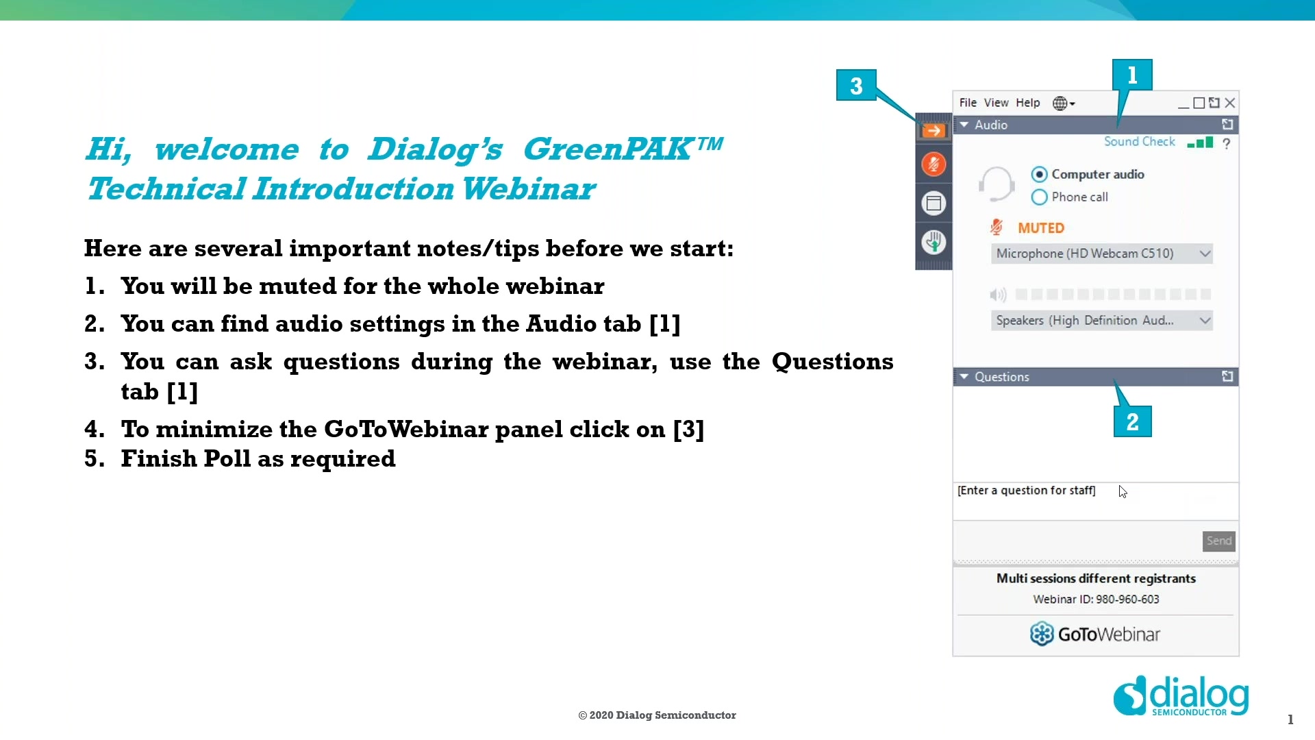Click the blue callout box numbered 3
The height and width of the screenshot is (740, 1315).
tap(856, 86)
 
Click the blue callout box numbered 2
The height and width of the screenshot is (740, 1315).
tap(1132, 421)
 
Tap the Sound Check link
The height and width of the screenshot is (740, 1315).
tap(1139, 142)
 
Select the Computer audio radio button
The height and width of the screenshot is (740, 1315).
tap(1039, 174)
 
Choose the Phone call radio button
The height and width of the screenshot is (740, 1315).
tap(1039, 197)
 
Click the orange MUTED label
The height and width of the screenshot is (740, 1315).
tap(1040, 228)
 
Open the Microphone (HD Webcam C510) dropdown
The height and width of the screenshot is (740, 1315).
tap(1101, 254)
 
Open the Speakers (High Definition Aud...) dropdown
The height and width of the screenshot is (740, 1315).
tap(1101, 321)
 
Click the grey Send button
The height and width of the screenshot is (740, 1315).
tap(1218, 541)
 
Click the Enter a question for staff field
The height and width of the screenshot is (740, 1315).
tap(1027, 491)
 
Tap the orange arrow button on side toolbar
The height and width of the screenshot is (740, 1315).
tap(934, 130)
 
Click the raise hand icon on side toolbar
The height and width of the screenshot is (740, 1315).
tap(934, 242)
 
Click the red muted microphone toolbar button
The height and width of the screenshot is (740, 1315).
tap(934, 164)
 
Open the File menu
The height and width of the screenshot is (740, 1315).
tap(968, 103)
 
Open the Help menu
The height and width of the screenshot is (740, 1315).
tap(1027, 103)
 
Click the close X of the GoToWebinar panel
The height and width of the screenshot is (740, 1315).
tap(1230, 103)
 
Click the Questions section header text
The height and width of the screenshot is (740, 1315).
tap(1001, 377)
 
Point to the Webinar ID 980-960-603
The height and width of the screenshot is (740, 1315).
tap(1096, 600)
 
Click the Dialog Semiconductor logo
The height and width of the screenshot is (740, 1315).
tap(1181, 697)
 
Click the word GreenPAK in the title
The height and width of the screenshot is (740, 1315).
tap(608, 149)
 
